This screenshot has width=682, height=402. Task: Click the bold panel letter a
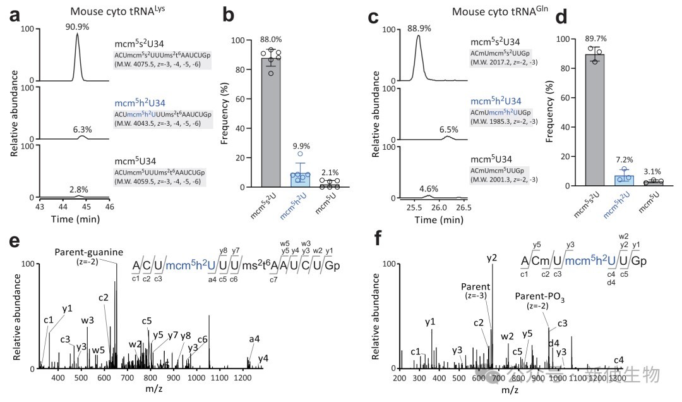tap(15, 16)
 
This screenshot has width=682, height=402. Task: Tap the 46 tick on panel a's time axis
tap(110, 207)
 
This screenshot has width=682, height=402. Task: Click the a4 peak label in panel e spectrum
tap(254, 339)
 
